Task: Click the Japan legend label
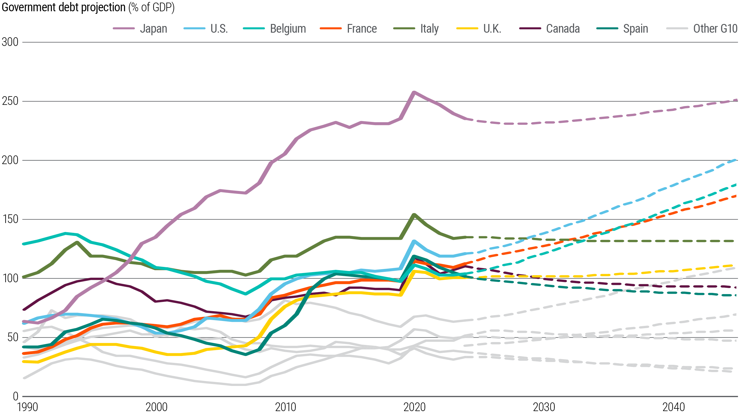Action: (153, 29)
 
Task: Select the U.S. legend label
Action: (219, 29)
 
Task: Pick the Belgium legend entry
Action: (288, 29)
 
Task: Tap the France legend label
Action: (362, 29)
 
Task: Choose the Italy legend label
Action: (429, 29)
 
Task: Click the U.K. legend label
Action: (492, 29)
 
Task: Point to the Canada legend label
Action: (563, 29)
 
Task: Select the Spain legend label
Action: (635, 29)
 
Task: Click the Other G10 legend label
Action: (715, 29)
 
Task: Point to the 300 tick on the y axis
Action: (10, 42)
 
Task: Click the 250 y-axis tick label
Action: (10, 101)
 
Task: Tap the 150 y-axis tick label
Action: (10, 219)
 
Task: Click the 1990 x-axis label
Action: (27, 407)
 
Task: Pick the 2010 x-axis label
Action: (286, 407)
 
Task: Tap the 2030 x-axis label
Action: (544, 407)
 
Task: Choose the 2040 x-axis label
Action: (674, 407)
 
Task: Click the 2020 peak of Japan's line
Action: (414, 92)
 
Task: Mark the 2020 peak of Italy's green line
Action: (414, 215)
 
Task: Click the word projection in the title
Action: (103, 7)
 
